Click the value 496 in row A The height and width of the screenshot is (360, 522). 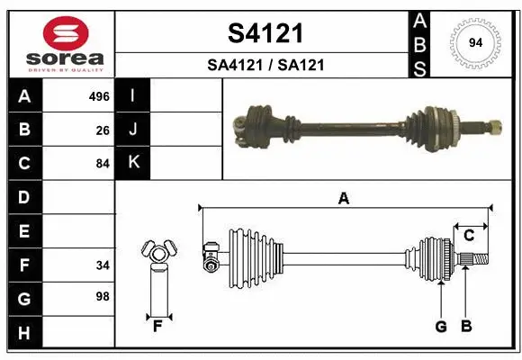99,96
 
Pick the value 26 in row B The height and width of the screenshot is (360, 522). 103,130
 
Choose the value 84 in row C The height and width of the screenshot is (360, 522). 103,164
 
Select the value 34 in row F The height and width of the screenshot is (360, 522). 103,265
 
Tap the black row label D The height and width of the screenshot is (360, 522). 23,197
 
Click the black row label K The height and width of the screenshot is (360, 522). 133,163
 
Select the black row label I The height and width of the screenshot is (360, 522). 133,96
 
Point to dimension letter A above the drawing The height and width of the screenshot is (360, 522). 343,200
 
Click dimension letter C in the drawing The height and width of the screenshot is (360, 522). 469,236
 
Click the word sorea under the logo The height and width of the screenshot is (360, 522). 60,59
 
